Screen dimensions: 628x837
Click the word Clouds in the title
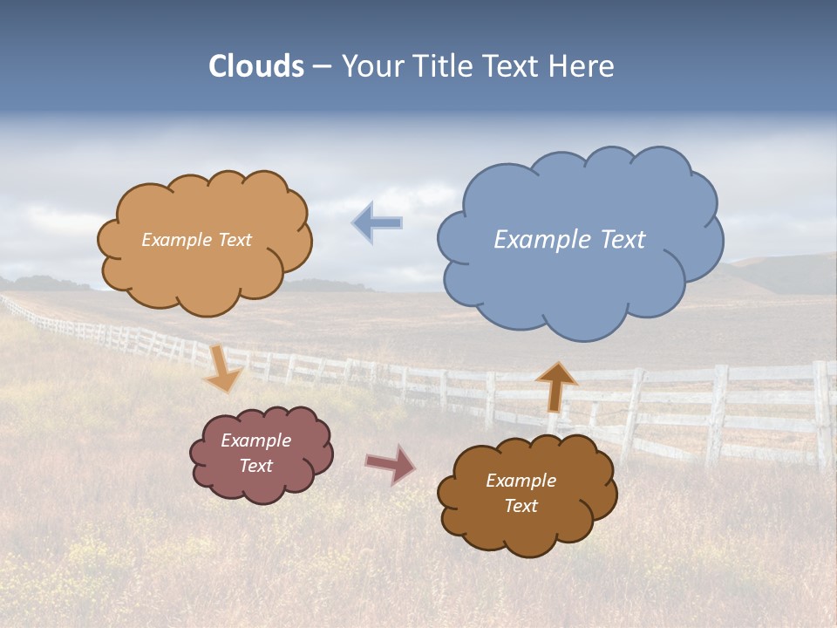pos(256,66)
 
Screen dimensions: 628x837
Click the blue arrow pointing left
pos(377,223)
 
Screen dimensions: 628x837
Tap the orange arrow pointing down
pos(223,370)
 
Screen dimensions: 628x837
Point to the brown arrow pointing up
pos(555,386)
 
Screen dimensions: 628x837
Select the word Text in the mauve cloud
pos(256,466)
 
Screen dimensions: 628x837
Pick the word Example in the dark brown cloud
pos(521,481)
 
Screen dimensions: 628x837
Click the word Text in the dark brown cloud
pos(521,506)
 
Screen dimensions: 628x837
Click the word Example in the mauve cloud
pos(256,440)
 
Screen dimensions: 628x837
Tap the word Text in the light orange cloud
pos(235,240)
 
